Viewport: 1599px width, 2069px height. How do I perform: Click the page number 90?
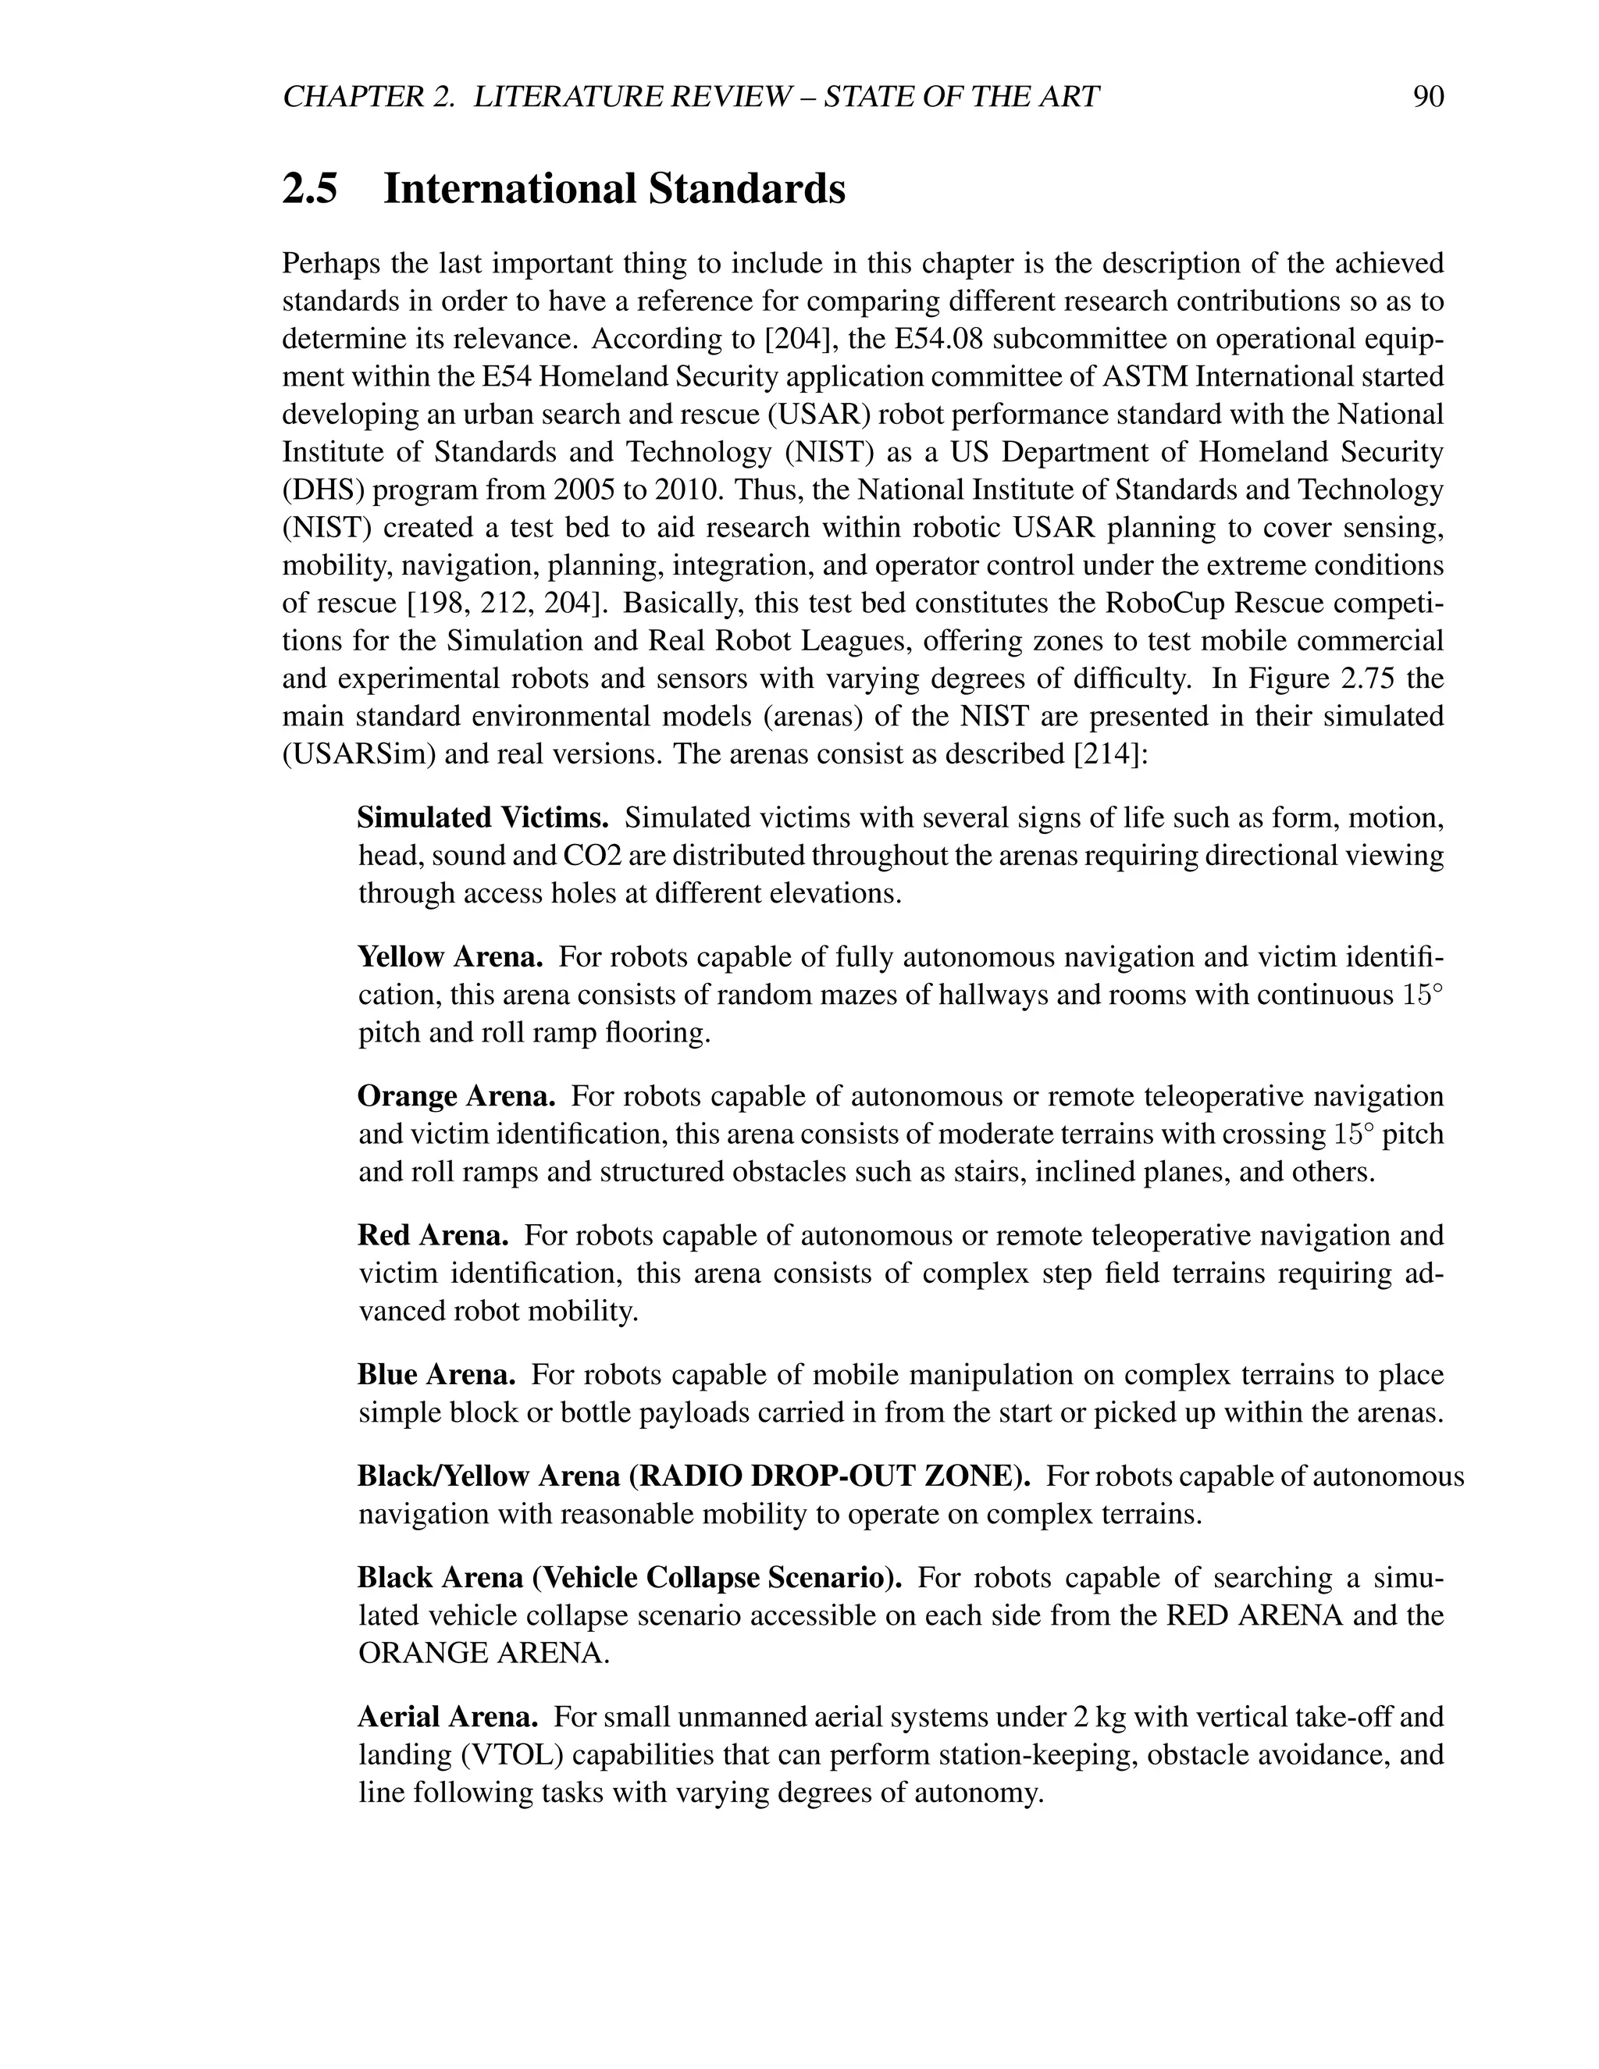[1427, 97]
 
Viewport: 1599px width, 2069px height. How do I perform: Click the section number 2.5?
[310, 188]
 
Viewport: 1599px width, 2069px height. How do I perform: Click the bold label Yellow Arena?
[450, 957]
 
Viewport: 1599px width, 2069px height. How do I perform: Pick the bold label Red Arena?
[433, 1235]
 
